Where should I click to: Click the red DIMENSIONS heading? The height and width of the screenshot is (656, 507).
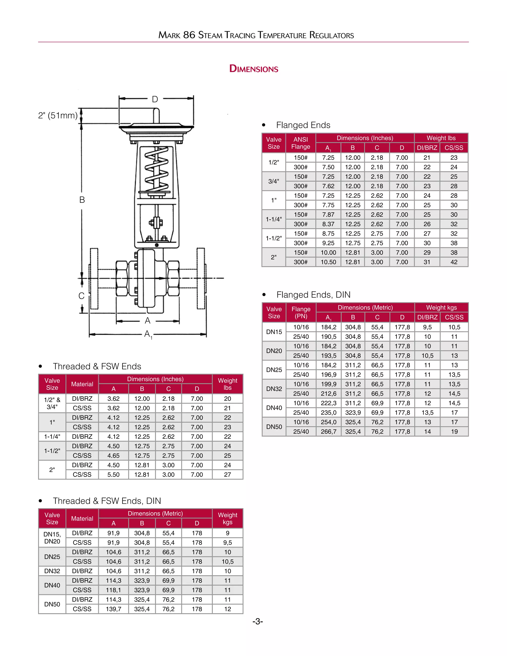click(x=253, y=69)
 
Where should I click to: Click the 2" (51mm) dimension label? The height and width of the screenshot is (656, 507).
click(x=58, y=115)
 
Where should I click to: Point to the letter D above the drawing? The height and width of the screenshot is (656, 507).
click(x=155, y=99)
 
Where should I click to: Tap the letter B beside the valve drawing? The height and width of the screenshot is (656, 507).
click(x=82, y=200)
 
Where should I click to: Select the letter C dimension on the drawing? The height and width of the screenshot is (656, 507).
click(x=81, y=296)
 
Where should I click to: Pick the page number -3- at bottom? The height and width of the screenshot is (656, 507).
click(x=257, y=621)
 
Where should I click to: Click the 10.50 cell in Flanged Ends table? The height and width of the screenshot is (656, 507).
click(x=328, y=262)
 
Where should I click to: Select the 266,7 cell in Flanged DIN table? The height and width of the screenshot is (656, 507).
click(x=328, y=432)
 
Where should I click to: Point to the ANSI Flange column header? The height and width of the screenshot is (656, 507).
click(x=300, y=143)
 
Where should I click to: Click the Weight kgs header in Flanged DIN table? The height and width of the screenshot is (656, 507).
click(x=441, y=307)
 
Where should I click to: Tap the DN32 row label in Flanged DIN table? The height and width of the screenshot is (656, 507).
click(x=274, y=389)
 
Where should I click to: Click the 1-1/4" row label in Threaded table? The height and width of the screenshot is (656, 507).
click(x=52, y=436)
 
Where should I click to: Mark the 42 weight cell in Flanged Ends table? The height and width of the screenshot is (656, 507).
click(x=454, y=262)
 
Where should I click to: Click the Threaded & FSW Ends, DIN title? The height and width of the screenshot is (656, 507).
click(x=107, y=501)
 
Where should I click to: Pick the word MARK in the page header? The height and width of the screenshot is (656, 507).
click(x=169, y=35)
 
